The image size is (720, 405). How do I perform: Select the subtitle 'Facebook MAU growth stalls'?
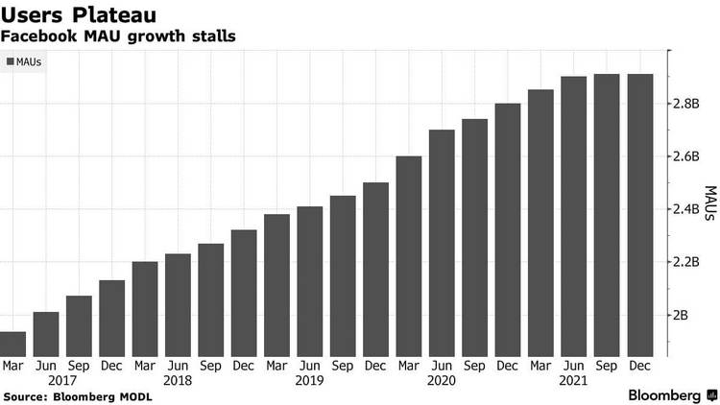(119, 36)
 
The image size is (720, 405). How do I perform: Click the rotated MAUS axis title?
(708, 205)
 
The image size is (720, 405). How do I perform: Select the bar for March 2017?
(13, 344)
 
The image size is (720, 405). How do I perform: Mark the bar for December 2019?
(375, 269)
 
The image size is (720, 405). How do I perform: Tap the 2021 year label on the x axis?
(573, 379)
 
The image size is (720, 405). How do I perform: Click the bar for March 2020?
(409, 255)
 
